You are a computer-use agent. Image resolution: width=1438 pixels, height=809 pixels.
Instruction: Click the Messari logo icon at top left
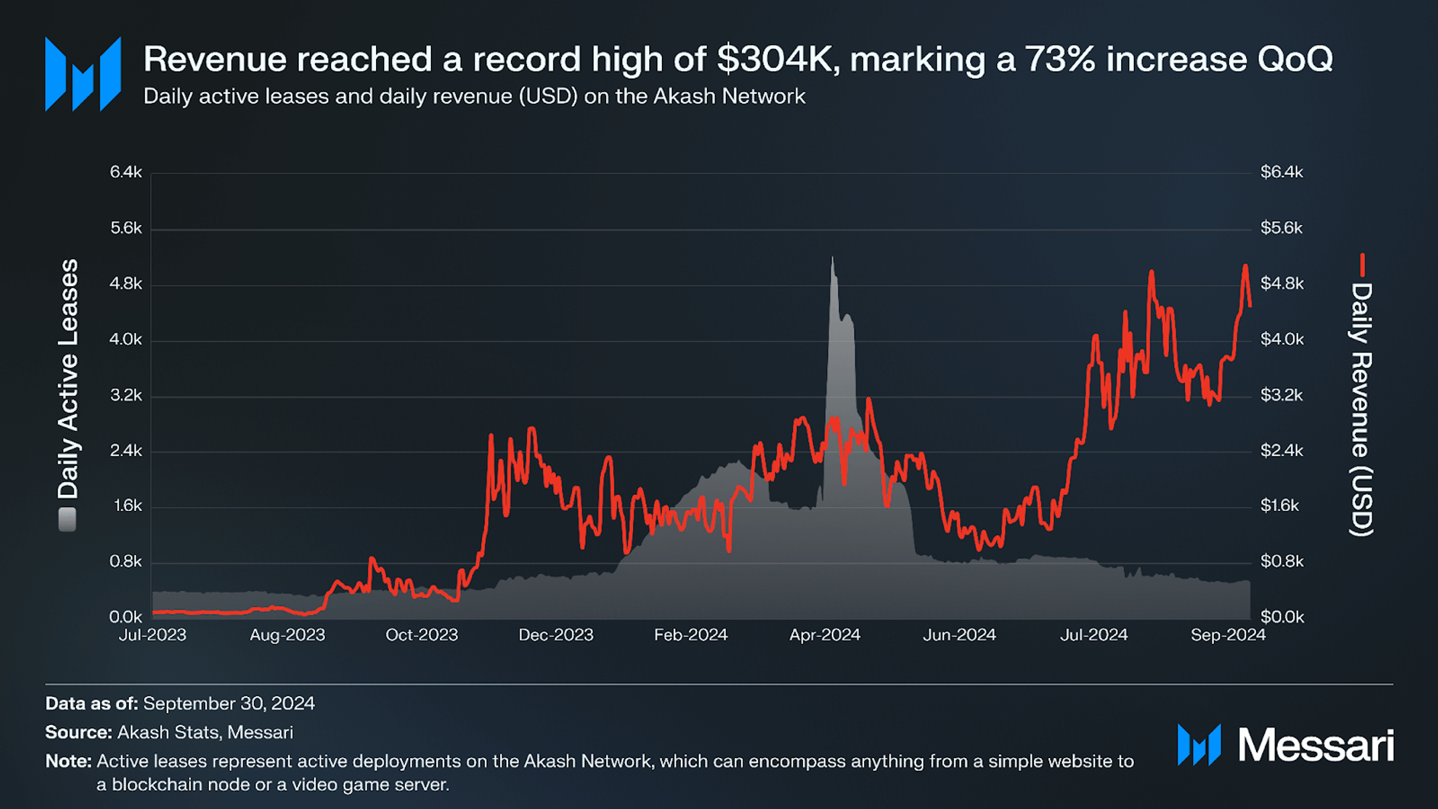[x=83, y=74]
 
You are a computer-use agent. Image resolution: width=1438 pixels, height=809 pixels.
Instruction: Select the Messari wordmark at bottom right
[x=1315, y=745]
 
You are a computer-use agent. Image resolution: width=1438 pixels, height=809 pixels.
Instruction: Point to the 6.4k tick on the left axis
[x=126, y=173]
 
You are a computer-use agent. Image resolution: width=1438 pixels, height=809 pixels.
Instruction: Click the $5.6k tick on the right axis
[x=1281, y=228]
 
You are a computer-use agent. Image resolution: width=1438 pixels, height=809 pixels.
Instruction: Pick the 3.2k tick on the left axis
[x=126, y=395]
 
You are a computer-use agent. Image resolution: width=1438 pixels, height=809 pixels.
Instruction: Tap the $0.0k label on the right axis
[x=1281, y=617]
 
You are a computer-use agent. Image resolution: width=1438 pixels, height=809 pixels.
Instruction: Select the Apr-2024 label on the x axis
[x=824, y=635]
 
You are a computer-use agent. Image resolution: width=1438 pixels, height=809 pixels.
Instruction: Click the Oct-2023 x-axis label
[x=422, y=635]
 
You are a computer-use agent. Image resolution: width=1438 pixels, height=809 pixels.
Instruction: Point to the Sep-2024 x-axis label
[x=1227, y=635]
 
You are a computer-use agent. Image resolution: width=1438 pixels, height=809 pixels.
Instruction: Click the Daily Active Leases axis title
[x=68, y=379]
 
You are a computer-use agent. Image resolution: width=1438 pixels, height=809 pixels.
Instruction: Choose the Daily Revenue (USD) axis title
[x=1361, y=410]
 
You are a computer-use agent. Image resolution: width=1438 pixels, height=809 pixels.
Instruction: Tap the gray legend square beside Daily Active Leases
[x=67, y=520]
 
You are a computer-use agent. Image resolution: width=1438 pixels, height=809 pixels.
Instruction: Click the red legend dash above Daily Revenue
[x=1362, y=265]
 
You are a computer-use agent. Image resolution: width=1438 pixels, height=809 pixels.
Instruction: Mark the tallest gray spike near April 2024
[x=832, y=259]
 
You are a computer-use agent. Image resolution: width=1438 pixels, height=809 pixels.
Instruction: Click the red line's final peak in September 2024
[x=1245, y=267]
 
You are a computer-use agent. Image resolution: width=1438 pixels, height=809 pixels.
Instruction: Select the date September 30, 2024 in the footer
[x=228, y=704]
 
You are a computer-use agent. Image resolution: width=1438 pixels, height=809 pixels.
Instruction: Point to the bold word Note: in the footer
[x=68, y=761]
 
